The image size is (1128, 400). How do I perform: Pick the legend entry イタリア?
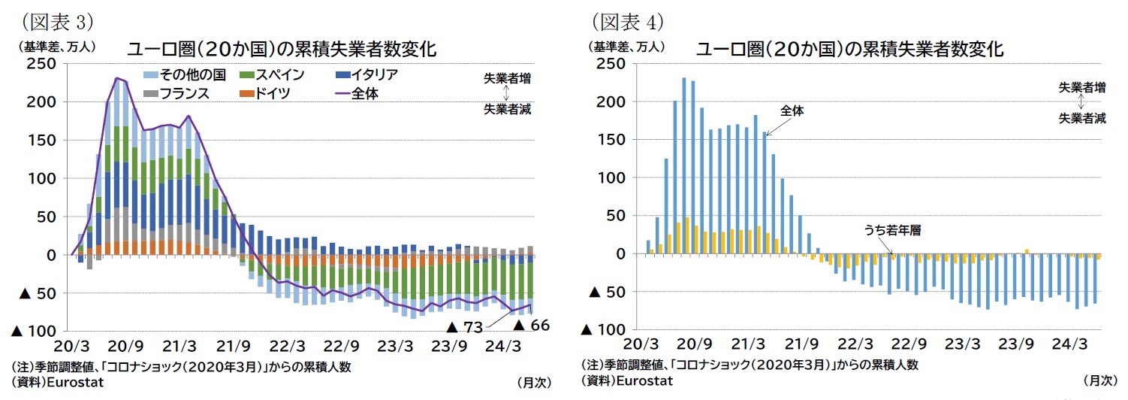(367, 74)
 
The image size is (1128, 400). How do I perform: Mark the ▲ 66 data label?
(532, 325)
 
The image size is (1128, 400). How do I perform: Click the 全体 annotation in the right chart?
(792, 111)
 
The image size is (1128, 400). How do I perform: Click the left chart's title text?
(282, 50)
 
